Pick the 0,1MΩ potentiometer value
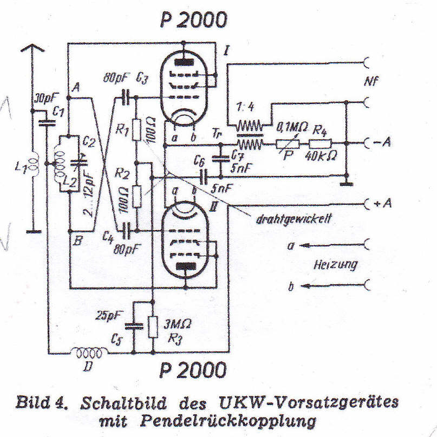292,129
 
